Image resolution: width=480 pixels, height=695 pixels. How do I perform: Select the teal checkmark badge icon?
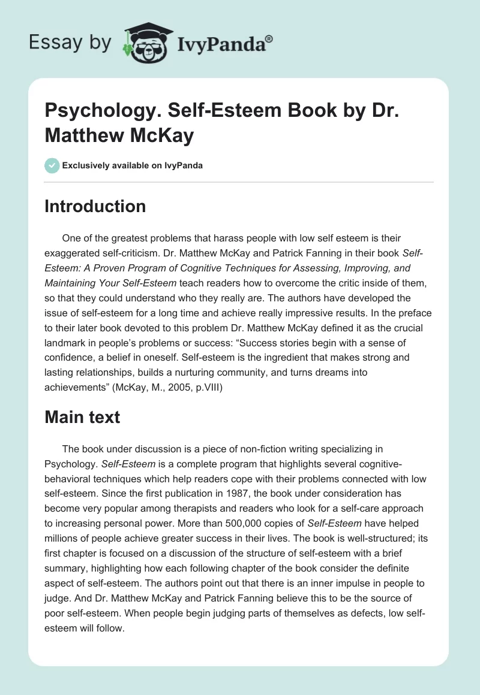[52, 165]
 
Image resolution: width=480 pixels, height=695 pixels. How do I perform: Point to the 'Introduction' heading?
[95, 206]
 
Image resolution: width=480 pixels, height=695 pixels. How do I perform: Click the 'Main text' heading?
[82, 417]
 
